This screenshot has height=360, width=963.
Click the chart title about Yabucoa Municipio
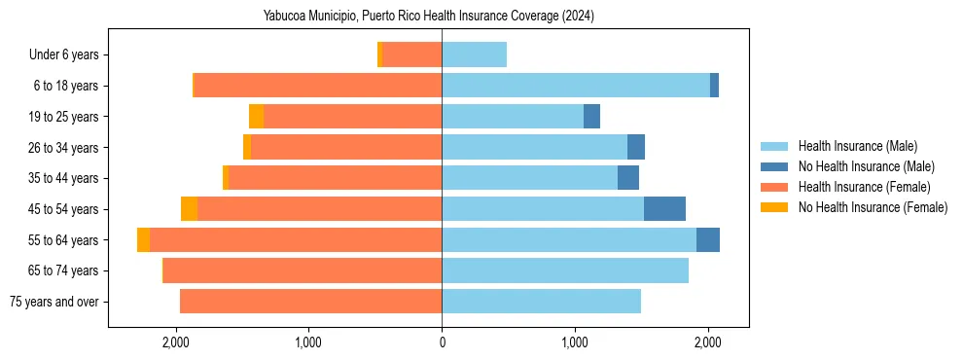428,16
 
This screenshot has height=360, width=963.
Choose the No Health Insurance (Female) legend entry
873,207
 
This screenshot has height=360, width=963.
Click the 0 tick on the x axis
442,342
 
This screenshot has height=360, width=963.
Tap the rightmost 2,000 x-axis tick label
708,342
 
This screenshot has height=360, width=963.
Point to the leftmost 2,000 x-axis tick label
176,342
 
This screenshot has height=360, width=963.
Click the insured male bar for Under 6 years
474,55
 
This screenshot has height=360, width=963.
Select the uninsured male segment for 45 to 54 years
664,209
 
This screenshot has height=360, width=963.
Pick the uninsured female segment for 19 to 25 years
256,117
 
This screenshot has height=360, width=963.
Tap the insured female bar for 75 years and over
310,302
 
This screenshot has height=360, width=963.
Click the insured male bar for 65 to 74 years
565,270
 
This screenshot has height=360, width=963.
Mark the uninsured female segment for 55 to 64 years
144,240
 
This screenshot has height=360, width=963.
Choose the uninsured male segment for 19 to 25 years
591,117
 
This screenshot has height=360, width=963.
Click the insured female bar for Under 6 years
411,55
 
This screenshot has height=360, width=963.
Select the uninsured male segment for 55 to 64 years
708,240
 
